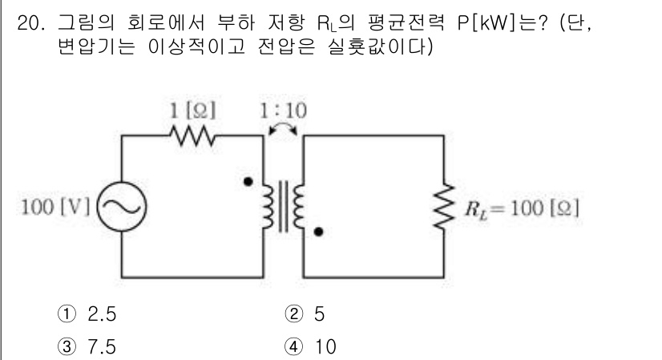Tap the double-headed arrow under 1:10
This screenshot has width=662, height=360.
282,127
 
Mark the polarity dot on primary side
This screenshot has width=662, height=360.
248,182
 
